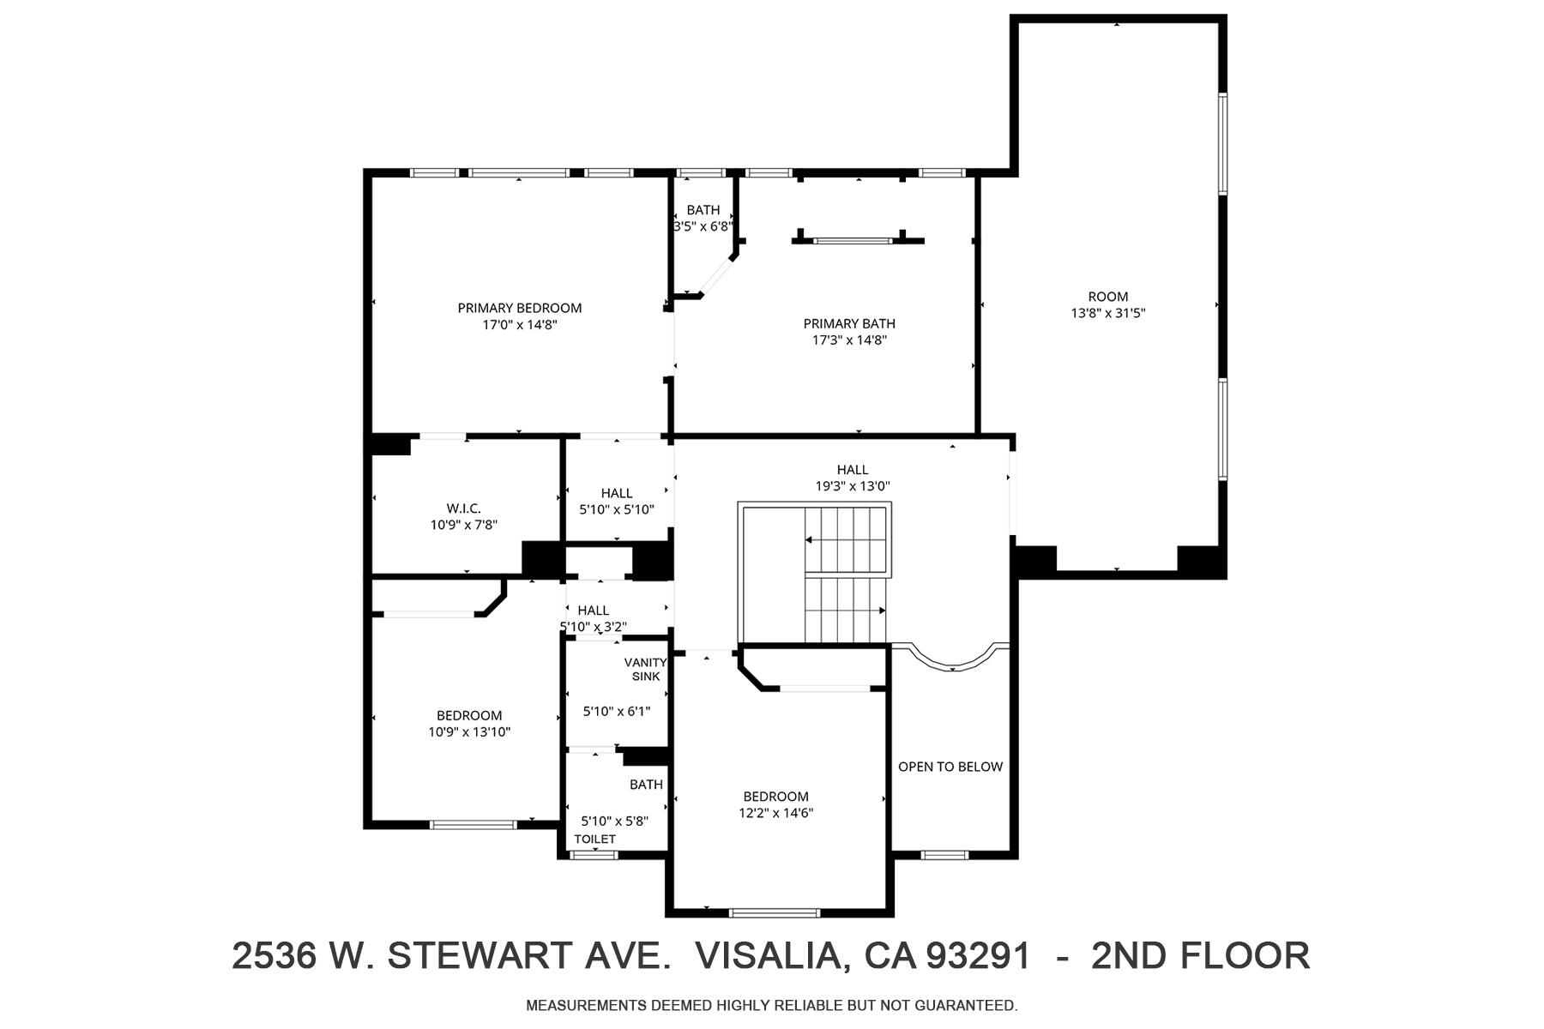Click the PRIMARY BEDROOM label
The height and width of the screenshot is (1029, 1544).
coord(519,308)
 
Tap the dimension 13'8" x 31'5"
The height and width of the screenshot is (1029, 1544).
coord(1108,314)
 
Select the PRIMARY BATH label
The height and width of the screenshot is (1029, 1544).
coord(849,323)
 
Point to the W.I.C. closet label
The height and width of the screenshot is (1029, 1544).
coord(463,508)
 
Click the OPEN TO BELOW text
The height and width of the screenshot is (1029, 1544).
coord(950,767)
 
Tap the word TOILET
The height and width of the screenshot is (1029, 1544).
coord(594,839)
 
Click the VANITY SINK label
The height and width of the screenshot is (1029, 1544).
coord(646,669)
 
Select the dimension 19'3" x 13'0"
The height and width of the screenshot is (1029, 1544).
coord(853,486)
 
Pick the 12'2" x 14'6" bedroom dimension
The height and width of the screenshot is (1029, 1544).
coord(775,813)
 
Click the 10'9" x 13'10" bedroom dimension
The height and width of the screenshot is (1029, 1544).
coord(469,732)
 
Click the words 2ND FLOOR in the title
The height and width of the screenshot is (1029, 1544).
coord(1200,955)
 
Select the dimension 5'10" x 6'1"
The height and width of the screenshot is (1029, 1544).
coord(616,711)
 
